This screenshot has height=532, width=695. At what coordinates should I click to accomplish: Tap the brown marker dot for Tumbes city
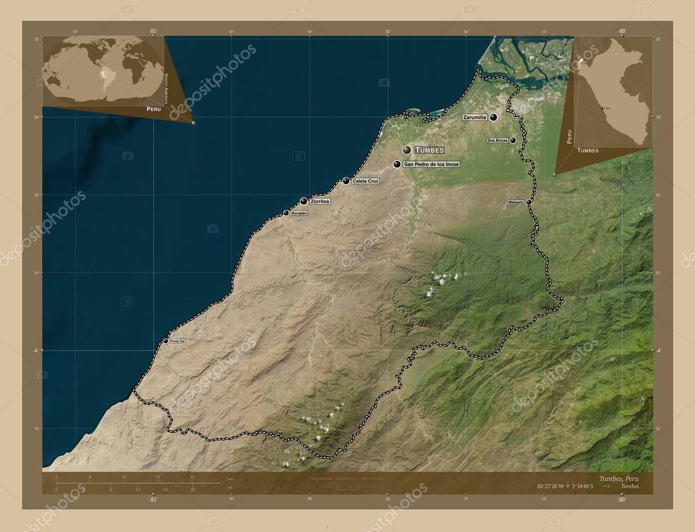(x=407, y=149)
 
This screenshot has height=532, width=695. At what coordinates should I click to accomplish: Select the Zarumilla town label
(x=474, y=118)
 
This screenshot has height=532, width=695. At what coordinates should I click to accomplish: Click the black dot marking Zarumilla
(x=493, y=118)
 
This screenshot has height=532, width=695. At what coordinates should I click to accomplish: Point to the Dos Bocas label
(x=497, y=141)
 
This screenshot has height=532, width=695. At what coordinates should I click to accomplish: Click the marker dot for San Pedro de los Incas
(x=397, y=164)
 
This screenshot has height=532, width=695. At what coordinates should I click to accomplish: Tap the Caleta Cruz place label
(x=365, y=181)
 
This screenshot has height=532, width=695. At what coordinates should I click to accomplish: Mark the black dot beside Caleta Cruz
(x=346, y=181)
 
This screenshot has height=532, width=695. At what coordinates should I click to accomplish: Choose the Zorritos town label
(x=319, y=202)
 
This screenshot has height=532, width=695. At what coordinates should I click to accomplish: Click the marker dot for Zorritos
(x=303, y=201)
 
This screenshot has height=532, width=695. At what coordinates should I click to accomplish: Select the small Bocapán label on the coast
(x=299, y=213)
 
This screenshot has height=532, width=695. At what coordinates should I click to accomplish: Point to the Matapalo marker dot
(x=529, y=202)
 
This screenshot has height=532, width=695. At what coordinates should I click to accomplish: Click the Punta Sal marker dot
(x=166, y=341)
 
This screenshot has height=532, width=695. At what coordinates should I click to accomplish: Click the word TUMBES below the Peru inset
(x=587, y=150)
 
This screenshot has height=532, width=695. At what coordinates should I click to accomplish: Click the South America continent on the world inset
(x=104, y=75)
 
